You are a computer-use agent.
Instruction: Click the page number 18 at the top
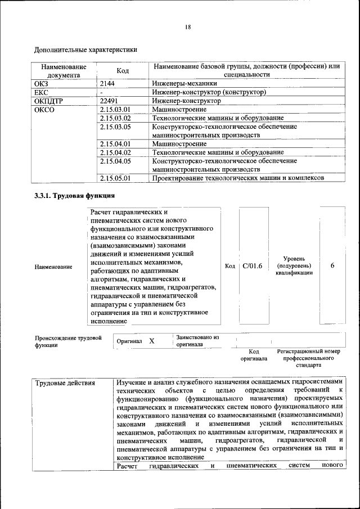(x=188, y=27)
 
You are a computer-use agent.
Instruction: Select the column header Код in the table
(x=122, y=70)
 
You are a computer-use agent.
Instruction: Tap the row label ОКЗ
(x=43, y=83)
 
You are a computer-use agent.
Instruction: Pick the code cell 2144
(x=107, y=83)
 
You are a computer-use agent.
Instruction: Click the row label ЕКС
(x=43, y=92)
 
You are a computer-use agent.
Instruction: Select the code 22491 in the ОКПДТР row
(x=109, y=101)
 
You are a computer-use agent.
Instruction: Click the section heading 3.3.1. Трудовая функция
(x=75, y=196)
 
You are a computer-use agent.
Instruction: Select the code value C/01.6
(x=253, y=265)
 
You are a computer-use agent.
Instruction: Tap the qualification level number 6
(x=332, y=265)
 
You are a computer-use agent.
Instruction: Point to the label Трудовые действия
(x=65, y=384)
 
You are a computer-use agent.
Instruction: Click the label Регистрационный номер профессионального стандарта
(x=308, y=358)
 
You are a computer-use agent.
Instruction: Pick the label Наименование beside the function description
(x=53, y=266)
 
